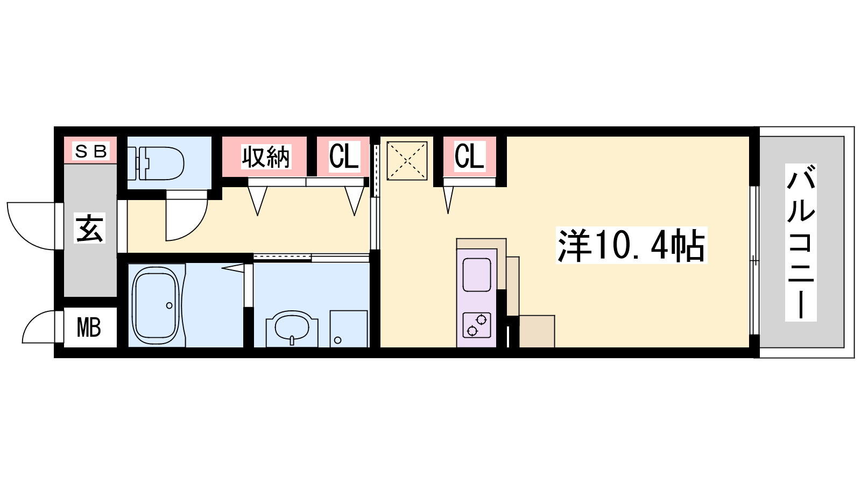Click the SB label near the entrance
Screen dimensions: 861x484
[x=91, y=151]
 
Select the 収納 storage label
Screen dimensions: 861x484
[x=266, y=156]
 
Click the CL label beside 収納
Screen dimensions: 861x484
[x=344, y=156]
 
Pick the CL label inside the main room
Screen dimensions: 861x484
[x=469, y=156]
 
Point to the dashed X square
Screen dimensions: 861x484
[x=407, y=161]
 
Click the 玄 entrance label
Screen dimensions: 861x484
[x=89, y=229]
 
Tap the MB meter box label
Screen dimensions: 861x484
[x=89, y=328]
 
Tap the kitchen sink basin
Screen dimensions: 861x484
[x=477, y=275]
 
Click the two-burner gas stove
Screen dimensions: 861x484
[x=477, y=325]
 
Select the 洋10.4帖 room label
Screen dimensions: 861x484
[x=632, y=245]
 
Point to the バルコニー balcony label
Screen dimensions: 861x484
[x=801, y=243]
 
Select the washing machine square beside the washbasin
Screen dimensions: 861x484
[x=349, y=329]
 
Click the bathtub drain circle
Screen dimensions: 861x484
[x=169, y=306]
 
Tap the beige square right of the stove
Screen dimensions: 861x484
[x=537, y=331]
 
